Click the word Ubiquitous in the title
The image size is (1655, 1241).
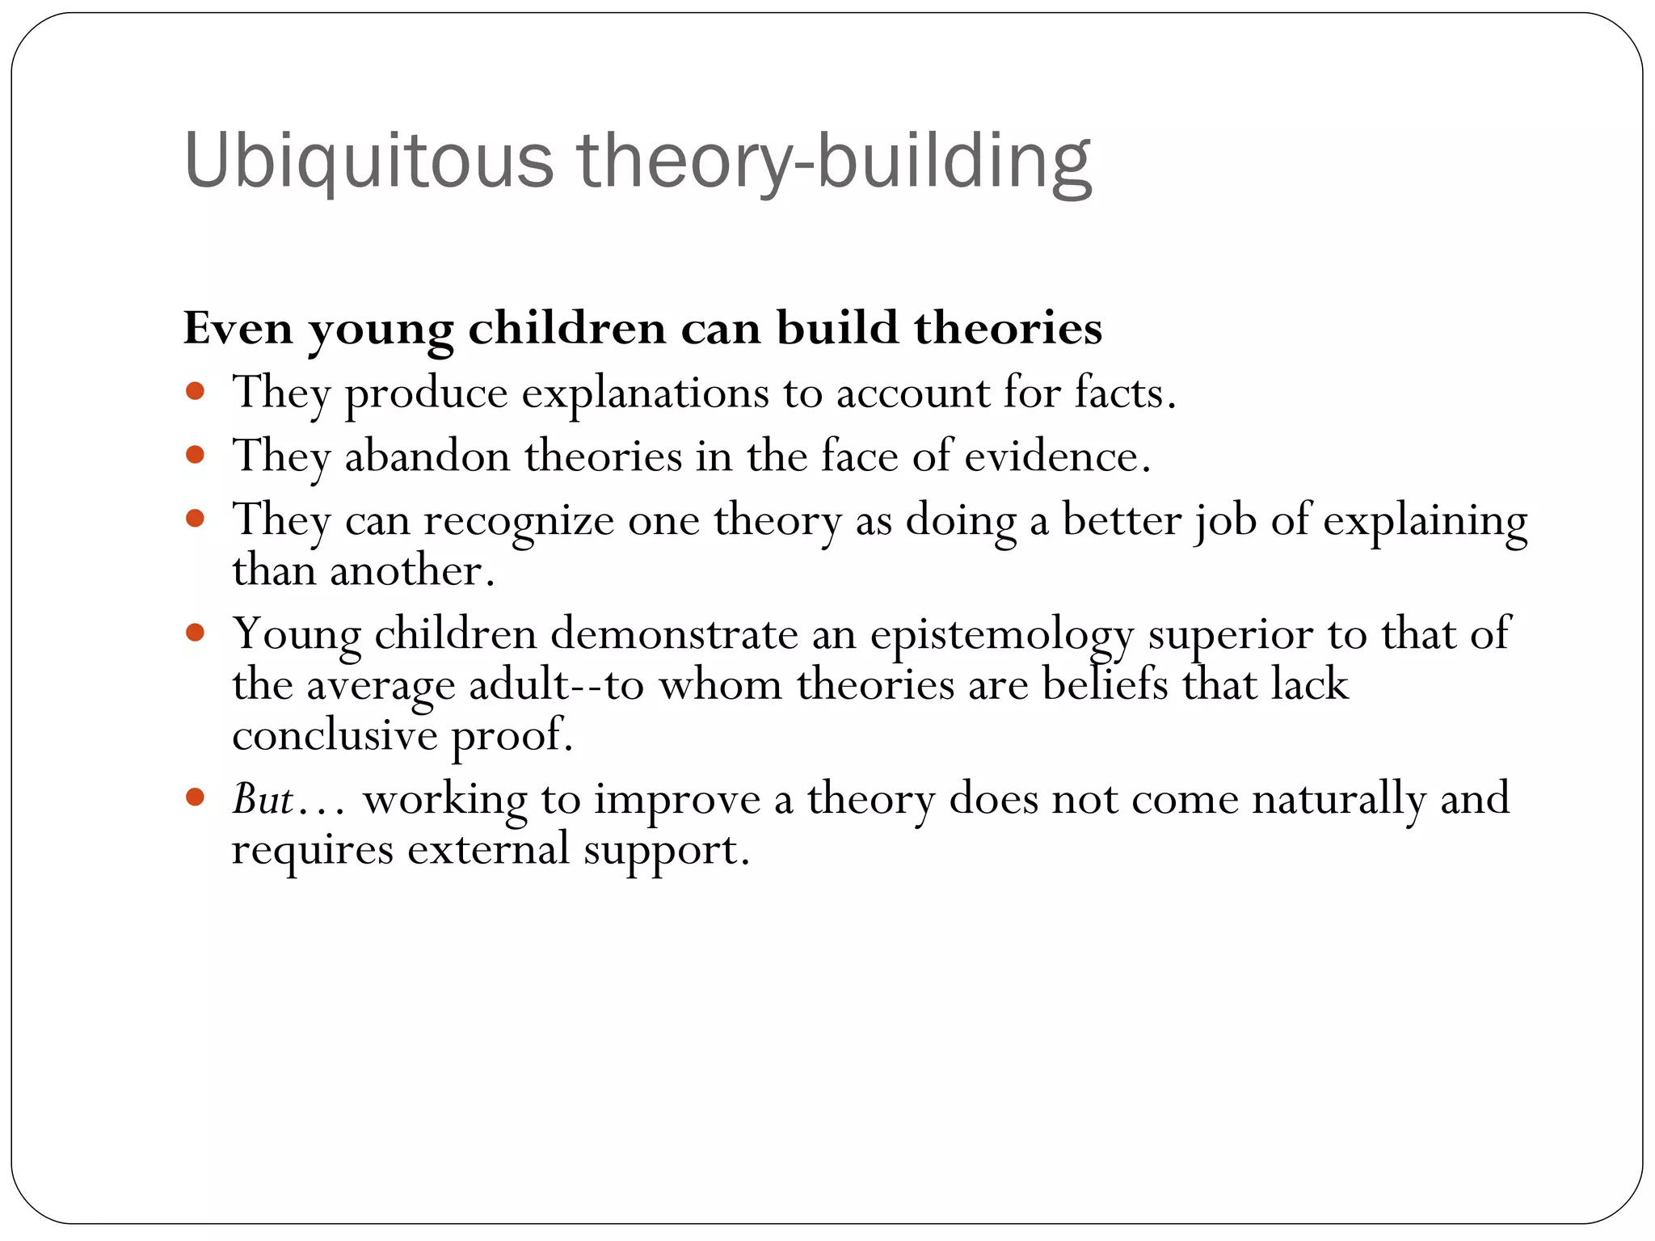(x=368, y=162)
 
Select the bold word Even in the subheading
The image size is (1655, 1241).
(x=238, y=328)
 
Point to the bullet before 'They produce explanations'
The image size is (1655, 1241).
(x=195, y=393)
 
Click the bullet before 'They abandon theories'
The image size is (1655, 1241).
(x=195, y=456)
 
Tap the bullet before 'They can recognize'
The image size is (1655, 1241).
(x=195, y=518)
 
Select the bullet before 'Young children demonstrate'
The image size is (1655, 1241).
(x=195, y=633)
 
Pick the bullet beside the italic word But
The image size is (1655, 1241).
(x=195, y=798)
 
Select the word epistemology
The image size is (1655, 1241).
(x=1002, y=636)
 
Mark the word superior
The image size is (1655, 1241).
(x=1231, y=636)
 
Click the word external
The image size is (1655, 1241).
(x=488, y=849)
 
